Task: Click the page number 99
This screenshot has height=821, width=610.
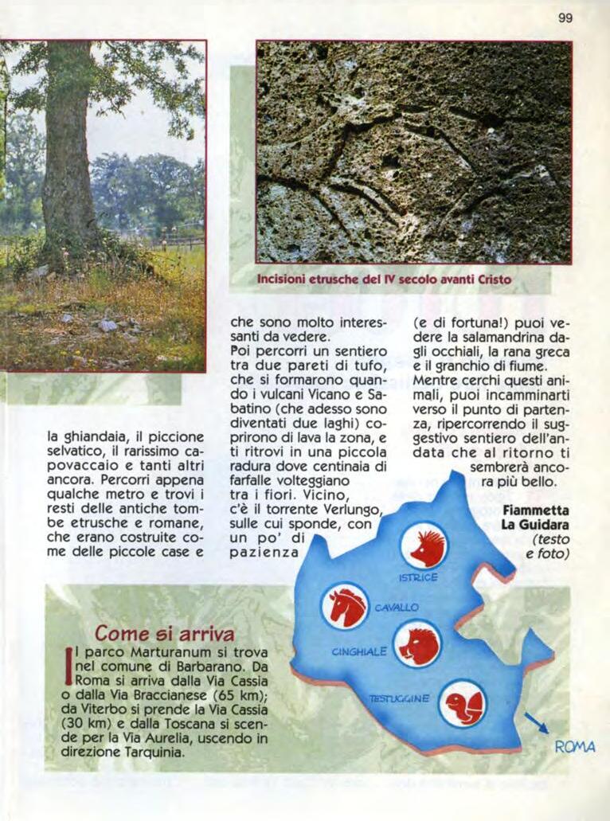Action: click(565, 18)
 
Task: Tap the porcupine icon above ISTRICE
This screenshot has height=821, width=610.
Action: click(424, 545)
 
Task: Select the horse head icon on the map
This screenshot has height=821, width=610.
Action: click(345, 607)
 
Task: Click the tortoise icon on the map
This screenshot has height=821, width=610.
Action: click(463, 703)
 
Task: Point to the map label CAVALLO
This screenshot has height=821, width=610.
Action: click(397, 608)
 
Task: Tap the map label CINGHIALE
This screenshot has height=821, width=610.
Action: click(359, 651)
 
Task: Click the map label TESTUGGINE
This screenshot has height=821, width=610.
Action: click(399, 698)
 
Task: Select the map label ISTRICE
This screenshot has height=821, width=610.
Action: click(418, 577)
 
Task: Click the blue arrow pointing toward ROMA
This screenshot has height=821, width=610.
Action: click(535, 723)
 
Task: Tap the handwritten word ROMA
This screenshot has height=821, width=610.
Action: click(574, 747)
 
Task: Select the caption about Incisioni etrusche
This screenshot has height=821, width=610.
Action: click(383, 280)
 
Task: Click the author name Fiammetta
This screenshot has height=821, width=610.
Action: click(536, 510)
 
